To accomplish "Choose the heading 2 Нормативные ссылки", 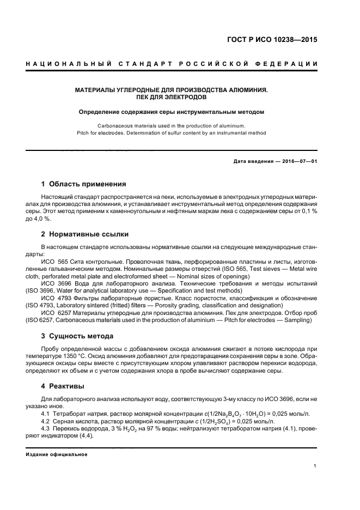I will (x=85, y=234).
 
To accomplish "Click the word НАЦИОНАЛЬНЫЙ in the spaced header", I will (x=66, y=64).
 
